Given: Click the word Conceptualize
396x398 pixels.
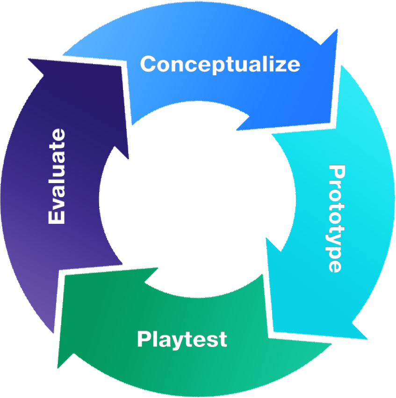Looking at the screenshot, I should point(220,64).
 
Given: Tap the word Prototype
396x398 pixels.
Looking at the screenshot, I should point(336,218).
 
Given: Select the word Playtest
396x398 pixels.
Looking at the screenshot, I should point(182,339).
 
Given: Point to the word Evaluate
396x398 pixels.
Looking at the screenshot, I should point(57,177).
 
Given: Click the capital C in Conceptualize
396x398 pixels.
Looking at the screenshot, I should point(149,64).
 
